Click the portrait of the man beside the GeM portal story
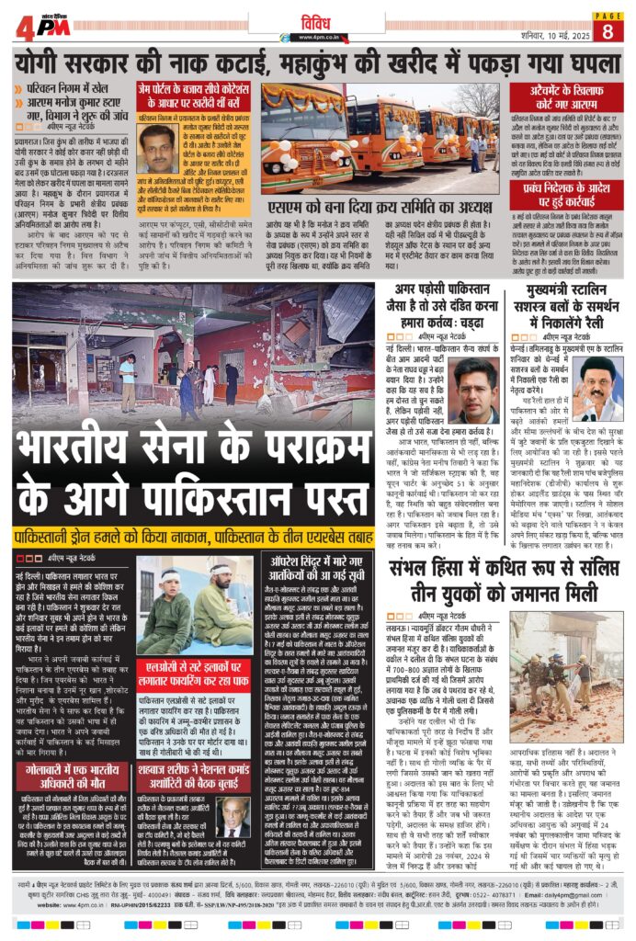(x=158, y=148)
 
